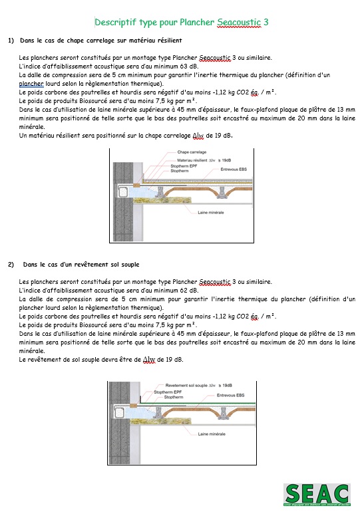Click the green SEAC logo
click(317, 495)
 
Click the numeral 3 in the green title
click(266, 22)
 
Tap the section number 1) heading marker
click(11, 41)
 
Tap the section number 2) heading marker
click(11, 265)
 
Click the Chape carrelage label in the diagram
click(192, 152)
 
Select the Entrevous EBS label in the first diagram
click(234, 170)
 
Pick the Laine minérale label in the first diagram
click(211, 213)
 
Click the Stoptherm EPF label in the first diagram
click(184, 166)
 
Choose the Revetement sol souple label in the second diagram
click(186, 386)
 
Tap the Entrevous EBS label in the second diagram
click(231, 396)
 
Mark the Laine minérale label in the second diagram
click(212, 434)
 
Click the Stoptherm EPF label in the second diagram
click(168, 392)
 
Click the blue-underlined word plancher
click(31, 84)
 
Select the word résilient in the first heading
click(170, 41)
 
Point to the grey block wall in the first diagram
click(123, 201)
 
